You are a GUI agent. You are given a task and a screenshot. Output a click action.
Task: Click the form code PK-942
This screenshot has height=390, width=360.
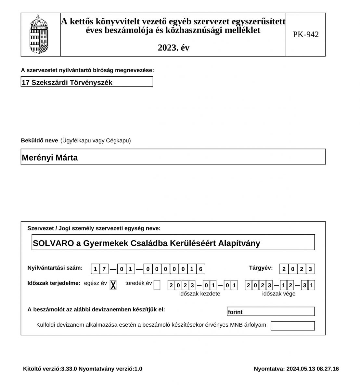point(306,34)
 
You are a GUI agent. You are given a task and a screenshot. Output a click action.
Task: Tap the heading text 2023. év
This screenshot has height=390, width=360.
point(174,48)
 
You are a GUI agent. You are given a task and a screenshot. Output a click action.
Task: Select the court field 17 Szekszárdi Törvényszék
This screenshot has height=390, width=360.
point(86,82)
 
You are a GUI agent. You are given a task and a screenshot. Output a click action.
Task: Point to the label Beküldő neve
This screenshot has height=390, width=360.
point(40,141)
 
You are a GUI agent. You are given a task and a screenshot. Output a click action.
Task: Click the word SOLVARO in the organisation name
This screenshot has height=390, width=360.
point(53,243)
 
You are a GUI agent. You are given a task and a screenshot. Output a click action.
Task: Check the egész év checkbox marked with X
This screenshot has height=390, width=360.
point(113,285)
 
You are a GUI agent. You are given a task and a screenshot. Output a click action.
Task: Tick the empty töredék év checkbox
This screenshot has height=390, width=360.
point(157,285)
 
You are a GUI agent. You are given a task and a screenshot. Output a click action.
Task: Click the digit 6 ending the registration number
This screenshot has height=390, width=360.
point(201,269)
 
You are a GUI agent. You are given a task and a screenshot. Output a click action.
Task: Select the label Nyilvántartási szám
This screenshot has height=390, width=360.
point(55,268)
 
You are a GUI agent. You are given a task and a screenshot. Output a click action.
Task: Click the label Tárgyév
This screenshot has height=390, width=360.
point(261,268)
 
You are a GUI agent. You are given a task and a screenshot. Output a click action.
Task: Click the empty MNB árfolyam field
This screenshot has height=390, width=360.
point(292,326)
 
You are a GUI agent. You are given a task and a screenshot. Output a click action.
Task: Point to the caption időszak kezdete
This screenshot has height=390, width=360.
point(199,294)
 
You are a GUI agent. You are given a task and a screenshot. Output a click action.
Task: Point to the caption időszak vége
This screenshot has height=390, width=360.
point(279,294)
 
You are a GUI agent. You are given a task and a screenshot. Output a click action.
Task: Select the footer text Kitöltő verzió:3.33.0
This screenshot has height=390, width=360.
point(50,369)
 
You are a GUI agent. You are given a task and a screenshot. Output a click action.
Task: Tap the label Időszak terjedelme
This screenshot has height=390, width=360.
point(54,283)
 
